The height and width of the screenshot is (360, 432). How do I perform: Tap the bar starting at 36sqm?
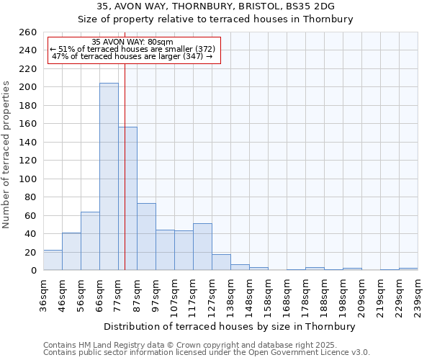(53, 260)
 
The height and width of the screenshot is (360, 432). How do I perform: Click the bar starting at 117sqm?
(202, 246)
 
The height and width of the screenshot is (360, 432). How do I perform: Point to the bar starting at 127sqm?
(221, 262)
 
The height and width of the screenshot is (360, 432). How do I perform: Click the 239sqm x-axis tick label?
(418, 297)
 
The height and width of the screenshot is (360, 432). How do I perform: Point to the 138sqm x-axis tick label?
(230, 297)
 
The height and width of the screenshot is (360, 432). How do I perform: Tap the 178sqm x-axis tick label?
(305, 297)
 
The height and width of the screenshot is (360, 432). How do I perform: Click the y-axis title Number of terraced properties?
(6, 155)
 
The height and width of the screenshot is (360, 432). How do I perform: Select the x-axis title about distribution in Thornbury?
(230, 326)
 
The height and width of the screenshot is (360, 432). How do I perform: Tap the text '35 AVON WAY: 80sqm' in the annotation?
(133, 42)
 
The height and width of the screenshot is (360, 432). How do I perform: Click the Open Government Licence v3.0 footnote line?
(207, 353)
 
